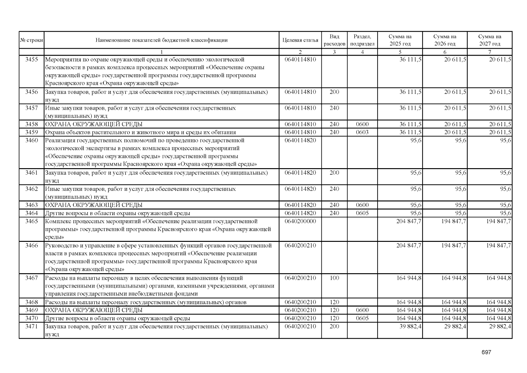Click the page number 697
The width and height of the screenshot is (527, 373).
[486, 352]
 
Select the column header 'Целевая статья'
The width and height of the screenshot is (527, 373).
[300, 40]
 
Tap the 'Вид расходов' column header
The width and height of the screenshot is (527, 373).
[334, 40]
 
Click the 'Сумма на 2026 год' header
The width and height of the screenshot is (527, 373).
[445, 40]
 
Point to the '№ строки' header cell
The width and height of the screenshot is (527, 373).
[31, 40]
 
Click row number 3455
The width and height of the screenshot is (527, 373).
[31, 59]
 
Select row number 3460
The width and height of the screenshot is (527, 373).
[31, 140]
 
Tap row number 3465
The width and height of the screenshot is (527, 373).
[31, 221]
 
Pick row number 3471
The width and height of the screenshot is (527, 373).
[31, 326]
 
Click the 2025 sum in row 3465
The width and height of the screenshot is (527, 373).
[409, 221]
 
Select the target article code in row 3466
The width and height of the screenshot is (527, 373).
[300, 246]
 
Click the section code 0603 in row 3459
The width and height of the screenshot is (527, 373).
[362, 132]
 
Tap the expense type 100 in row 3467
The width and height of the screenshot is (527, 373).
[334, 278]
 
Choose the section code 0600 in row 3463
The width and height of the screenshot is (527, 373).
[362, 205]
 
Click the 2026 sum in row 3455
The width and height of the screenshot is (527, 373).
[455, 59]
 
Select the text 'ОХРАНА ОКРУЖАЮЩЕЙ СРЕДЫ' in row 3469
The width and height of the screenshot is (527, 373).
[94, 310]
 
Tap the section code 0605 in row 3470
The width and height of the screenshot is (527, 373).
[362, 318]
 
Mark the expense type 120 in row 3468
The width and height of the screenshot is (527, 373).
[334, 302]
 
